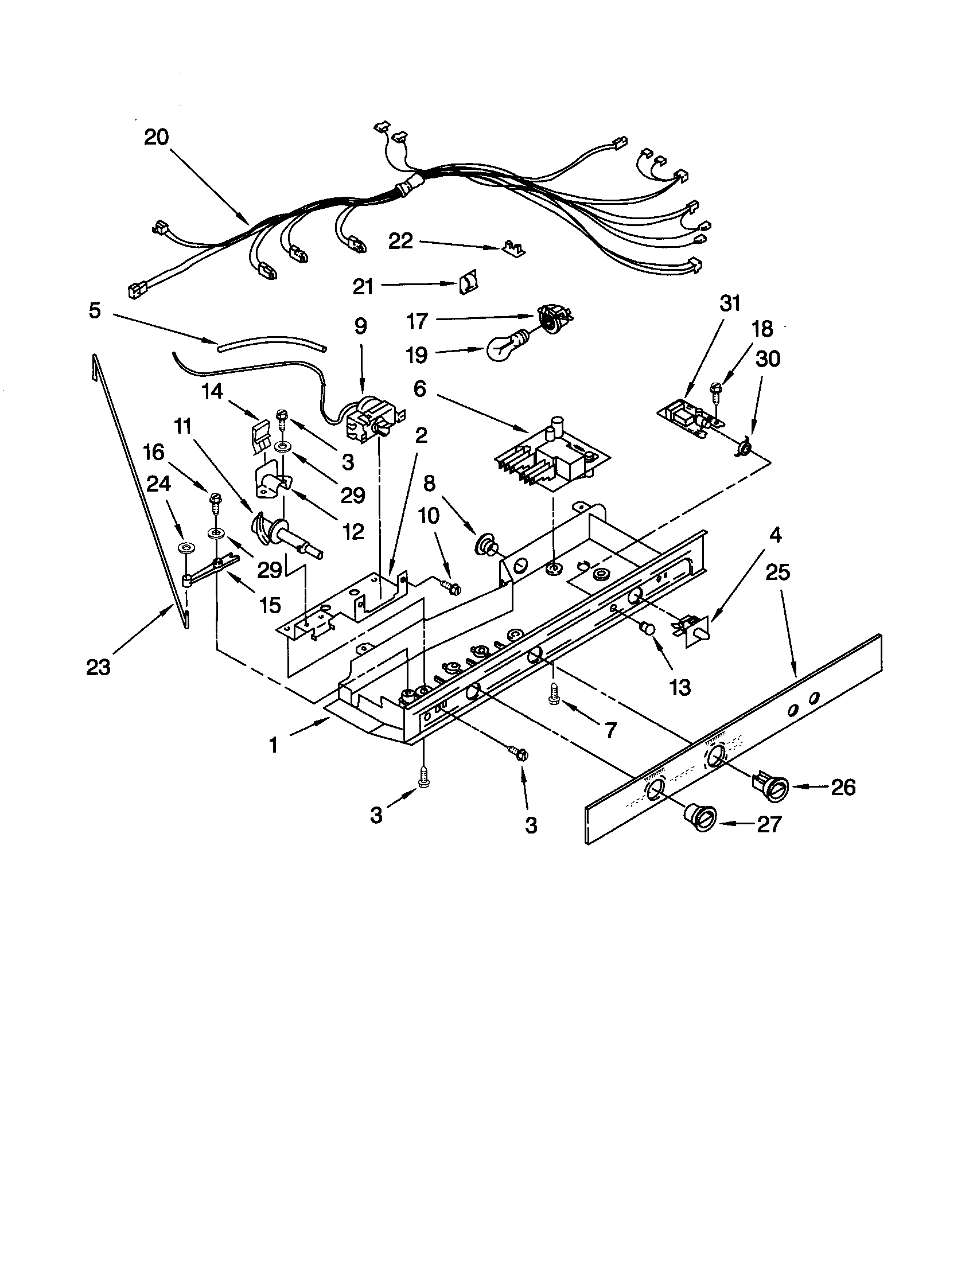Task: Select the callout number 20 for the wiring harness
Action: (156, 138)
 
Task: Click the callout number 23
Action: (98, 667)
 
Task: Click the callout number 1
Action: (273, 745)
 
